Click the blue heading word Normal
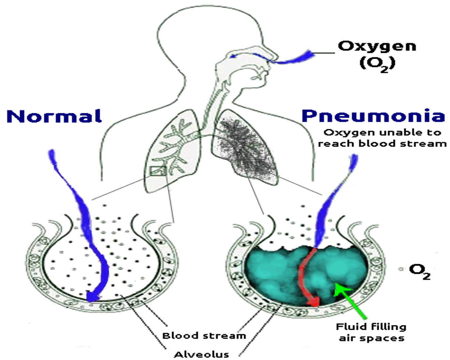coord(54,116)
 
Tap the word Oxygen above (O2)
coord(377,46)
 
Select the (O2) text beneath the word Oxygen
coord(377,64)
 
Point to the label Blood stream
coord(204,336)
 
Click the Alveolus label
coord(201,355)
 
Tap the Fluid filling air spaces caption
coord(371,332)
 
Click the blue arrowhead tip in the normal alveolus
coord(91,297)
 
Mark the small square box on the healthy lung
coord(158,170)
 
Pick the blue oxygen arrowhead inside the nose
coord(234,56)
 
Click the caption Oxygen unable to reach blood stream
coord(382,138)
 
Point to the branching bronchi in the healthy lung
coord(176,147)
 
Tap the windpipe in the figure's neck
coord(209,106)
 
